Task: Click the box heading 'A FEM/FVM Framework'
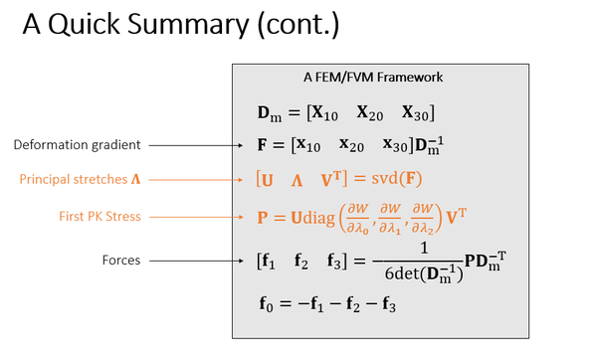[x=373, y=77]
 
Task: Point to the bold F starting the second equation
[x=262, y=145]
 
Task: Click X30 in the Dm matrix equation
[x=416, y=112]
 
